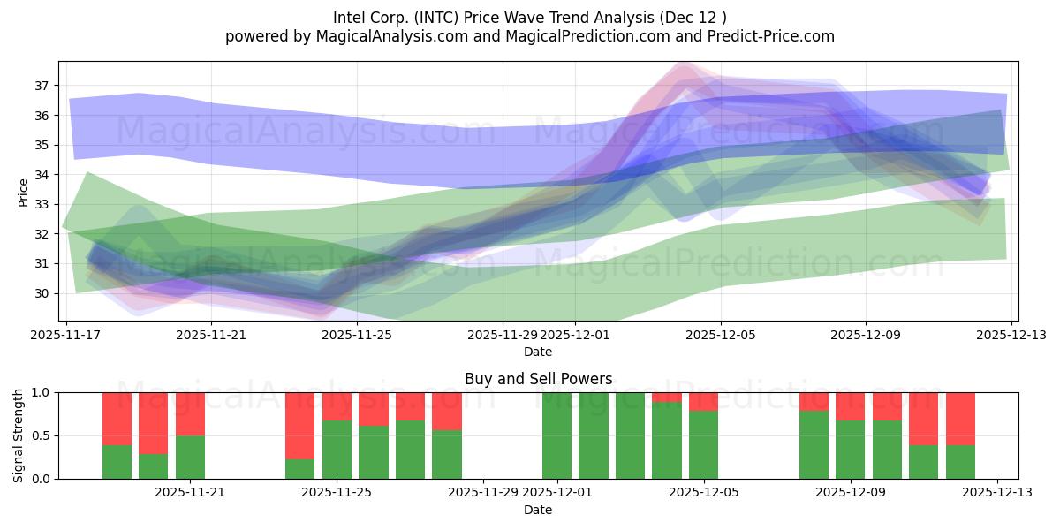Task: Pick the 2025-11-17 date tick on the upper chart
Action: (67, 335)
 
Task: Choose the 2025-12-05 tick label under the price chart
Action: (720, 335)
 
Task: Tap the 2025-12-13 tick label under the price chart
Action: (1011, 335)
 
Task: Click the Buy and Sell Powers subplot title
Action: (538, 379)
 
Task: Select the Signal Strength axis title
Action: (19, 435)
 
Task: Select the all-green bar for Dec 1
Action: (556, 435)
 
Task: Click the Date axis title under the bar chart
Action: (538, 510)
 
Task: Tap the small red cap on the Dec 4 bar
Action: (667, 397)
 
